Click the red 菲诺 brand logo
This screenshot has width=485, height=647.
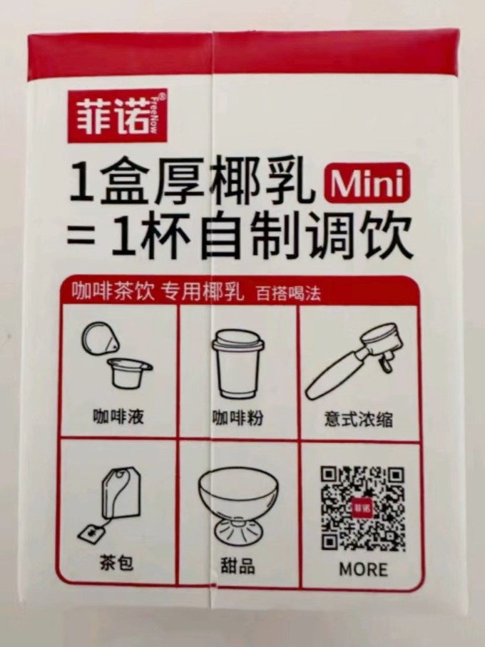click(x=118, y=116)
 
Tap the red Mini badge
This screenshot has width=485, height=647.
click(x=367, y=183)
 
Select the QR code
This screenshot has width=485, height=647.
click(x=363, y=509)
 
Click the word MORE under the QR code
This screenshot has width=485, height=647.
click(x=363, y=570)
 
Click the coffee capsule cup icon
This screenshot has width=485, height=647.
click(x=117, y=355)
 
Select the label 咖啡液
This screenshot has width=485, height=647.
click(x=118, y=417)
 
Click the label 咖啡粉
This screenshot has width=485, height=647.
click(x=238, y=417)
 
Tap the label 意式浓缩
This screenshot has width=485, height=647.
click(x=358, y=419)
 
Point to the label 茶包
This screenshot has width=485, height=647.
click(x=117, y=562)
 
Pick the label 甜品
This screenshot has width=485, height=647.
click(x=238, y=565)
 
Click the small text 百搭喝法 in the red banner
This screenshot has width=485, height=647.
click(x=288, y=294)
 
